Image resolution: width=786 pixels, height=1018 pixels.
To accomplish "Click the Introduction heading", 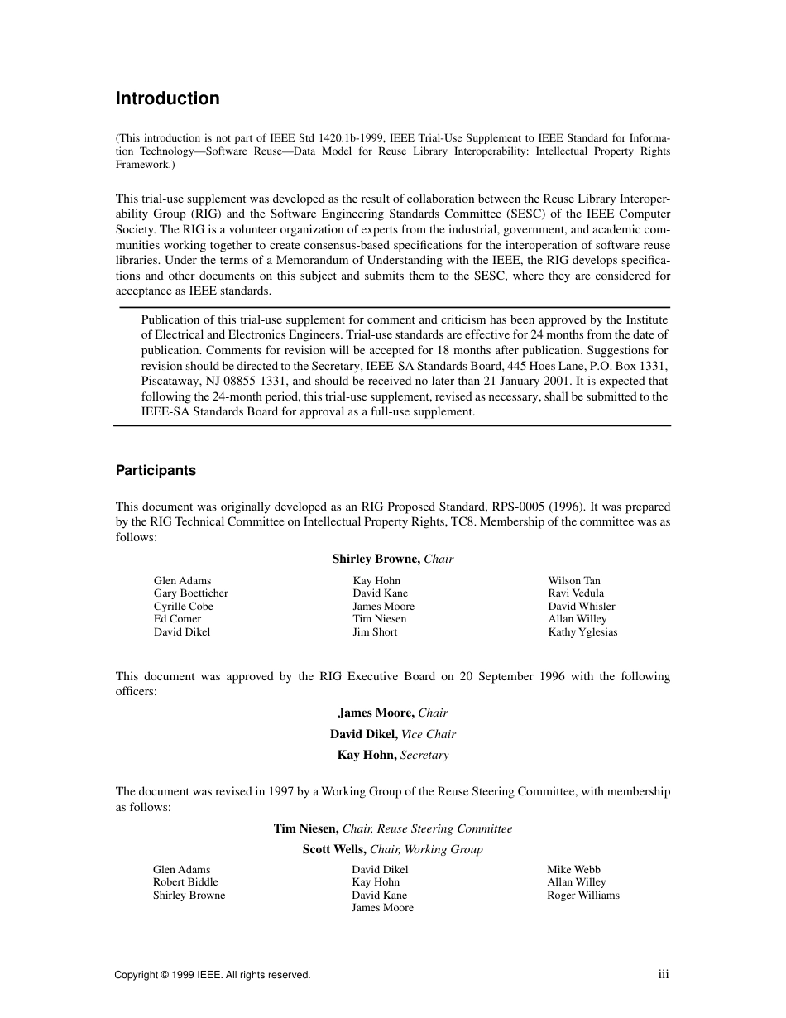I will tap(167, 98).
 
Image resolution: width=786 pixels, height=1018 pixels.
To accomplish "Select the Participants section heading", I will tap(156, 470).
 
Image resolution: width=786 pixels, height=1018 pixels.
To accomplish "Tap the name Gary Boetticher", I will tap(190, 593).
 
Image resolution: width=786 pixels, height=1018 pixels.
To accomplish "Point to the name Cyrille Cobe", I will tap(183, 607).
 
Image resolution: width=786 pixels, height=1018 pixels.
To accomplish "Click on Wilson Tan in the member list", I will tap(574, 581).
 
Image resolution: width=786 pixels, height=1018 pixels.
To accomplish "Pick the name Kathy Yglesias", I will tap(582, 632).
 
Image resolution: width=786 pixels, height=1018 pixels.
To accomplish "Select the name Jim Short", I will tap(375, 632).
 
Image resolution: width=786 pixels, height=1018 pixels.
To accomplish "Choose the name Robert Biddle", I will tap(185, 882).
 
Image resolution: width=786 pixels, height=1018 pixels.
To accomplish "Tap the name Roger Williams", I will tap(582, 896).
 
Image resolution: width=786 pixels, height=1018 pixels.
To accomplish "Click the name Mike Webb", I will tap(573, 870).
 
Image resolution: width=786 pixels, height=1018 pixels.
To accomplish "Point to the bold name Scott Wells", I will tap(334, 849).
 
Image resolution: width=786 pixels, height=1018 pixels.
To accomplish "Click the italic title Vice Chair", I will tap(428, 734).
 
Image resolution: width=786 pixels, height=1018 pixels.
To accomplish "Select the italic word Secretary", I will tap(424, 755).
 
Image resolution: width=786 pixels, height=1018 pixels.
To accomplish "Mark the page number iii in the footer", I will tap(664, 975).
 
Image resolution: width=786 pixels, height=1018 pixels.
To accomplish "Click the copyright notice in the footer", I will tap(213, 976).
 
